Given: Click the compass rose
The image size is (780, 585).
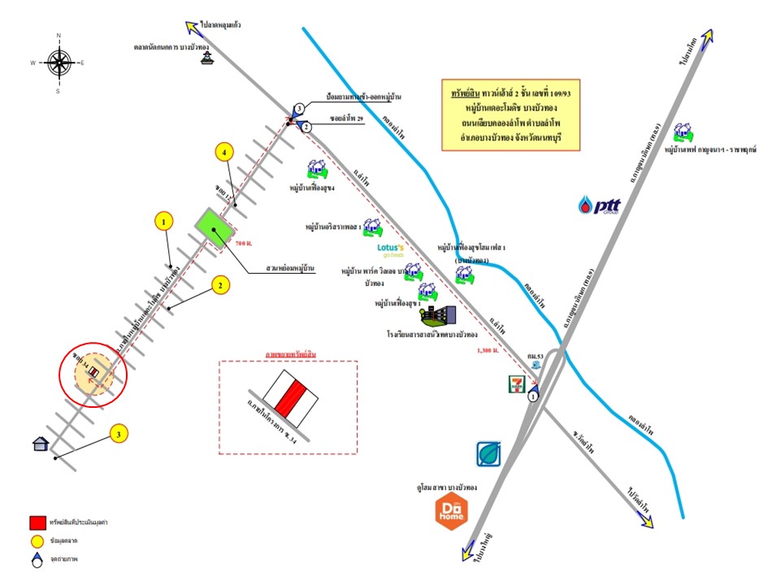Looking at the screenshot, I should (58, 63).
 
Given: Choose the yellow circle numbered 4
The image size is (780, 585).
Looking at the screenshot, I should (225, 151).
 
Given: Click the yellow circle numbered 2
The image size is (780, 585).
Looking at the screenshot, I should (219, 284).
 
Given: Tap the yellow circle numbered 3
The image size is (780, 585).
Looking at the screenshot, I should (119, 435).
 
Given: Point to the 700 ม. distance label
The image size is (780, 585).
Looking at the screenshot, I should (244, 244).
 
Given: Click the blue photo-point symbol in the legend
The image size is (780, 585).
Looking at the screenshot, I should (37, 559).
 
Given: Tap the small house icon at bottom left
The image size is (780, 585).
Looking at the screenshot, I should (40, 444).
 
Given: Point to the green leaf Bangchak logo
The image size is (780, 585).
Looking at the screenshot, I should (488, 454).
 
